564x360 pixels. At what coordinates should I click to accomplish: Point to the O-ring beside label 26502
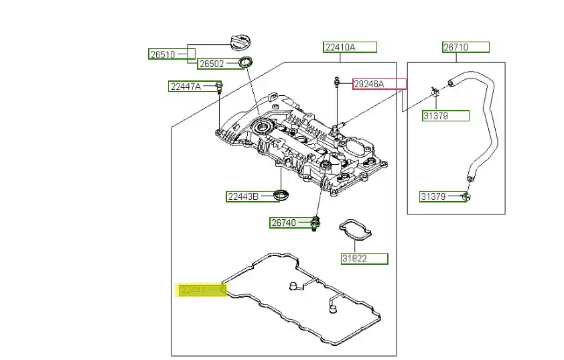[246, 64]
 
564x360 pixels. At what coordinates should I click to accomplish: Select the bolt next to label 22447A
[220, 86]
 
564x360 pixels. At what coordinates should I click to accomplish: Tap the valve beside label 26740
[314, 223]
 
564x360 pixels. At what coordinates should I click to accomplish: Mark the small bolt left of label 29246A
[336, 83]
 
